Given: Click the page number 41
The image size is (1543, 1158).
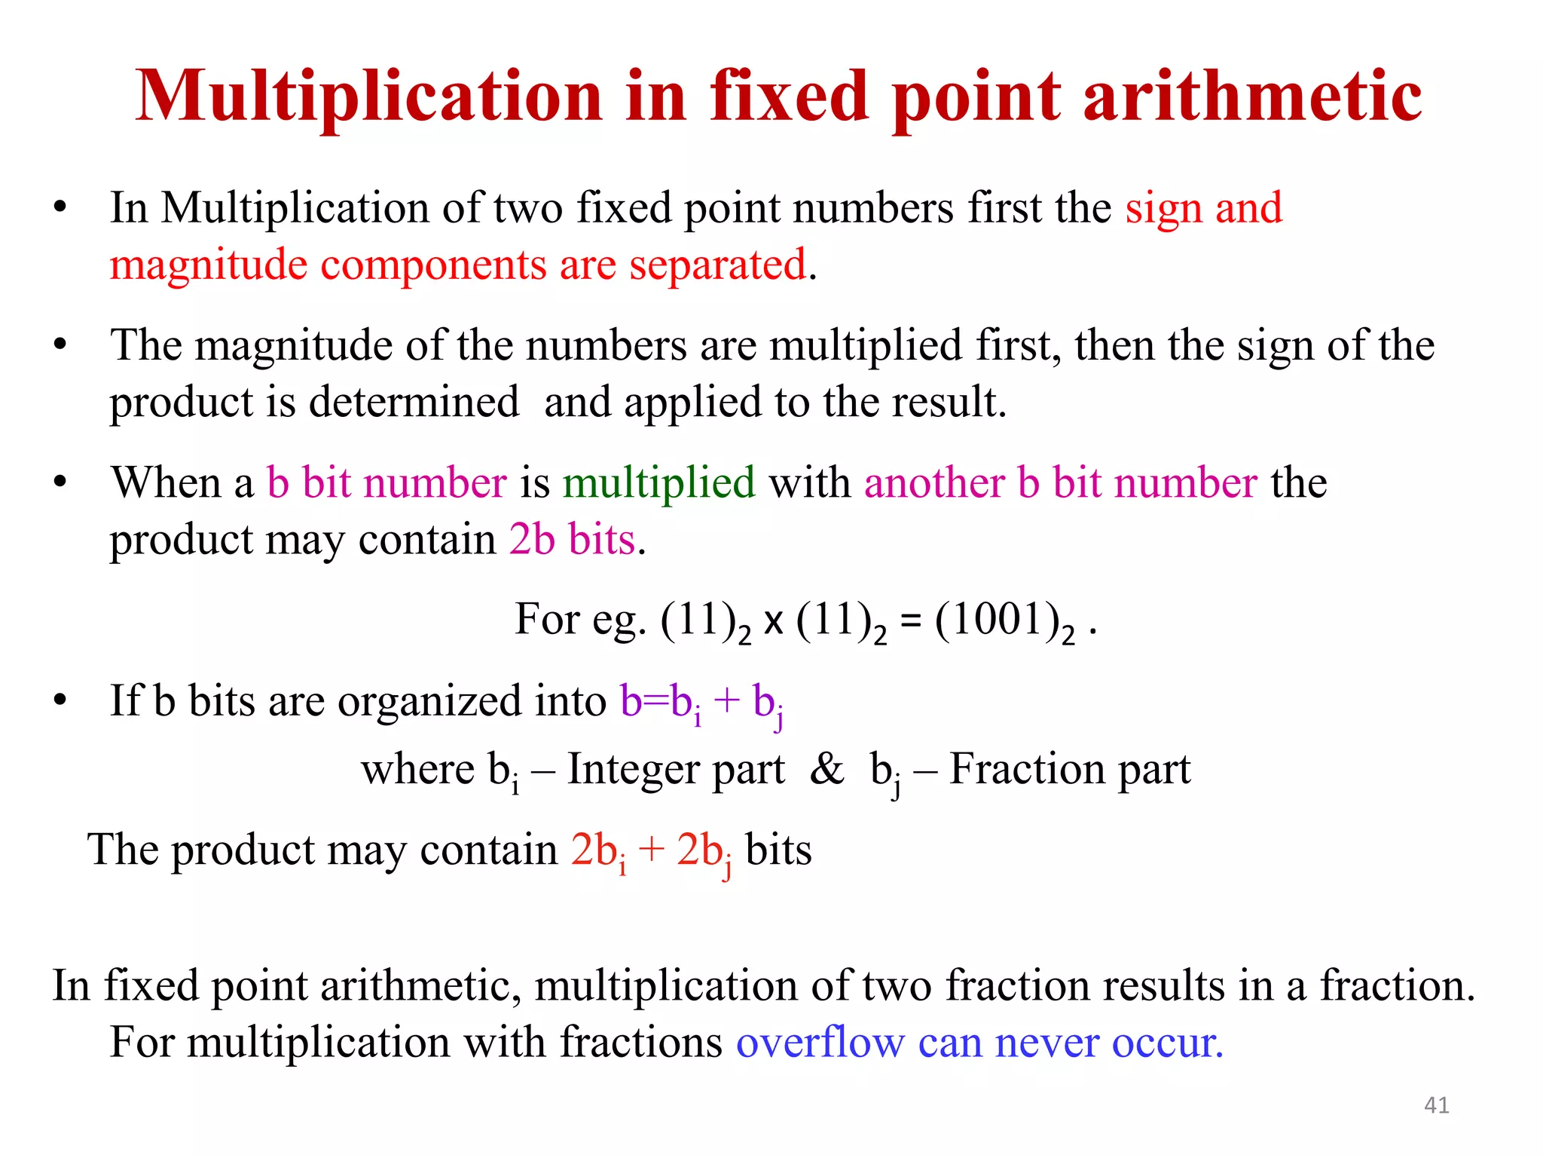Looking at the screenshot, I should click(x=1436, y=1105).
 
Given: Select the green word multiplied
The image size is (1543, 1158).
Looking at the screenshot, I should click(x=658, y=482).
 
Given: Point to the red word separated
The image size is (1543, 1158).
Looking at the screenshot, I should click(x=717, y=265).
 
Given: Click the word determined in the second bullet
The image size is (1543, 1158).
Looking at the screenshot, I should click(x=414, y=401).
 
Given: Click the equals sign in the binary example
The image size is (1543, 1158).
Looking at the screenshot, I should click(x=910, y=621).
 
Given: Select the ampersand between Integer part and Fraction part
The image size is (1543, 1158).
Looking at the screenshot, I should click(x=826, y=769).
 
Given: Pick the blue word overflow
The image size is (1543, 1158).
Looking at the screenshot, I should click(x=820, y=1043).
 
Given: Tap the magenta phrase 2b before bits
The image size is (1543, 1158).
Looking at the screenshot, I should click(x=532, y=540).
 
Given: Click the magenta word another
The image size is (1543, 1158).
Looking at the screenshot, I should click(x=934, y=482).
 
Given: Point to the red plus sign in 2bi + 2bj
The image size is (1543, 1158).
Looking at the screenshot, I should click(x=650, y=850).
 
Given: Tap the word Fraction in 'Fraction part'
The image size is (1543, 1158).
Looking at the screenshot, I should click(x=1028, y=769).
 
